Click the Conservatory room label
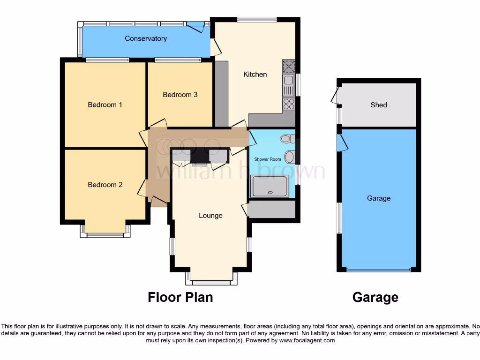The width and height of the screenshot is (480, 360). point(146,38)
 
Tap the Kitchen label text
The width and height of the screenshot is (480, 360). point(255,75)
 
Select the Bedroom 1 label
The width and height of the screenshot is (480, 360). point(105,105)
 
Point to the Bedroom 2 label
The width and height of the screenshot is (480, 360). point(105,185)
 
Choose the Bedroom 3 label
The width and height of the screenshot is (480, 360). point(180,95)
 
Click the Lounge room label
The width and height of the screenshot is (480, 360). point(210,216)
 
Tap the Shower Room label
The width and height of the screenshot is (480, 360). point(268,159)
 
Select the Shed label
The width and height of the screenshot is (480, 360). point(378,105)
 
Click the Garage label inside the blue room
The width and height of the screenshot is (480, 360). point(378,198)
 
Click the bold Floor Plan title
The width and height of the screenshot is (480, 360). point(180,297)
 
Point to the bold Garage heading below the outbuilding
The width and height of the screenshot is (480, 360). point(375,297)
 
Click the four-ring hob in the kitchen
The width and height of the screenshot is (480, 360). point(288,104)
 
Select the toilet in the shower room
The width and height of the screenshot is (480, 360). point(287,138)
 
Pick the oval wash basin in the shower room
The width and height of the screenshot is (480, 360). point(289,157)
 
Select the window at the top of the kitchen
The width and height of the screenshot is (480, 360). point(257,20)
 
